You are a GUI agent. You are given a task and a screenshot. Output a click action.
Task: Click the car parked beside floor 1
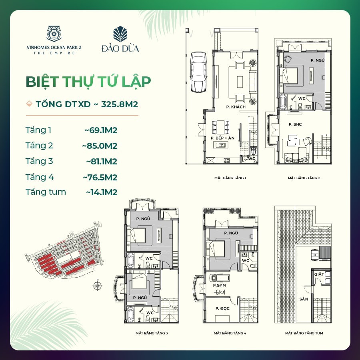(x=198, y=72)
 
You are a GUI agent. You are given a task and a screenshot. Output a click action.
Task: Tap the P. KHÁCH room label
(x=236, y=107)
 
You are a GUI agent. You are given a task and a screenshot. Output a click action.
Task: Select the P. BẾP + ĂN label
(x=222, y=138)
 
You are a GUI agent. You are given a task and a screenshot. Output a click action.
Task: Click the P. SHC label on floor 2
(x=295, y=124)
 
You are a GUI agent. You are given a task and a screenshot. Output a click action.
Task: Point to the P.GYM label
(x=219, y=285)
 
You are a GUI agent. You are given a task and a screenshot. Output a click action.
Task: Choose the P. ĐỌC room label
(x=222, y=308)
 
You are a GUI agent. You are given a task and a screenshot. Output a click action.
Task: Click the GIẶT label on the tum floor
(x=319, y=274)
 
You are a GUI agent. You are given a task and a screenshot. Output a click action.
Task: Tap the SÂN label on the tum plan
(x=304, y=299)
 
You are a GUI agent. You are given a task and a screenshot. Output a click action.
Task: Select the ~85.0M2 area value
(x=100, y=146)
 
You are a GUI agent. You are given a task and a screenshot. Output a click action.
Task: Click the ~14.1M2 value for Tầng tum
(x=102, y=192)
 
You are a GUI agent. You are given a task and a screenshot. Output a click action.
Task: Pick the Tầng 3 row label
(x=39, y=162)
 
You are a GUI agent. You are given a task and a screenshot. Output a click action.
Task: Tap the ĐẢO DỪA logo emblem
(x=120, y=34)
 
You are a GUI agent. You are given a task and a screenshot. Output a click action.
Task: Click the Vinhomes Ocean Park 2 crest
(x=54, y=34)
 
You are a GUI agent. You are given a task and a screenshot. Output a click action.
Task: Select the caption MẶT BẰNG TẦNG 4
(x=230, y=333)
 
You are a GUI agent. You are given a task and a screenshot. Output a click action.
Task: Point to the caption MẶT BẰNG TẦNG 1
(x=230, y=178)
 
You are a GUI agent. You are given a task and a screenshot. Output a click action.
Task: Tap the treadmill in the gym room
(x=220, y=278)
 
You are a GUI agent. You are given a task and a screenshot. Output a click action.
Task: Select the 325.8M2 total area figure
(x=119, y=104)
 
